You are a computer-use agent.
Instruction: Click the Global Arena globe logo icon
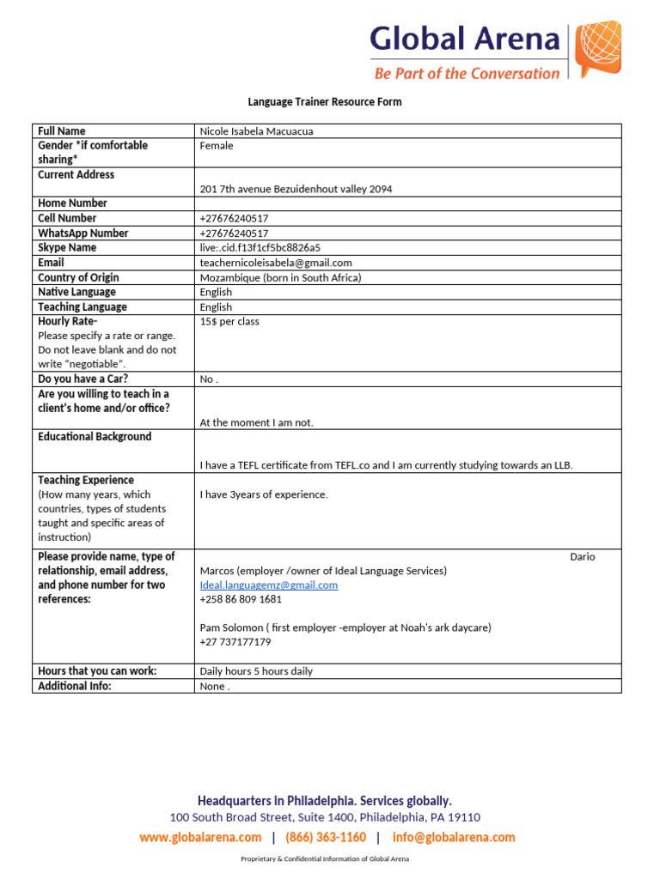pyautogui.click(x=597, y=50)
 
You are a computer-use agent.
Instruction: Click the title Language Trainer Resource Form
pyautogui.click(x=325, y=102)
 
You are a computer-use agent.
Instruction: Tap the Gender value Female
pyautogui.click(x=217, y=146)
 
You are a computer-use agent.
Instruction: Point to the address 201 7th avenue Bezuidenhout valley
pyautogui.click(x=296, y=189)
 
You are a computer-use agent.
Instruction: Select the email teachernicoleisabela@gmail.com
pyautogui.click(x=276, y=263)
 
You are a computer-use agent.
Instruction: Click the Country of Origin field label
pyautogui.click(x=78, y=277)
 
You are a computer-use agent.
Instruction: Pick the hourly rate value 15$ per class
pyautogui.click(x=229, y=322)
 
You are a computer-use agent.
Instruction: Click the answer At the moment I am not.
pyautogui.click(x=256, y=422)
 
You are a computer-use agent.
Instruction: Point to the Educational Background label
pyautogui.click(x=95, y=437)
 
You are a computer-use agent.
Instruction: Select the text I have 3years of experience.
pyautogui.click(x=263, y=494)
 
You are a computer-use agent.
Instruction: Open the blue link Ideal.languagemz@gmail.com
pyautogui.click(x=269, y=585)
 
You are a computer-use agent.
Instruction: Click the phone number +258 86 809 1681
pyautogui.click(x=241, y=599)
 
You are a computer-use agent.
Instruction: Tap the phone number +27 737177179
pyautogui.click(x=235, y=642)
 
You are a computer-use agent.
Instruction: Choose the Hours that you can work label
pyautogui.click(x=97, y=671)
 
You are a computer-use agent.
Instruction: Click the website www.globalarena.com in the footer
pyautogui.click(x=200, y=837)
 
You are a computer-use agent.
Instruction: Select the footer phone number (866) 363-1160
pyautogui.click(x=326, y=837)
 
